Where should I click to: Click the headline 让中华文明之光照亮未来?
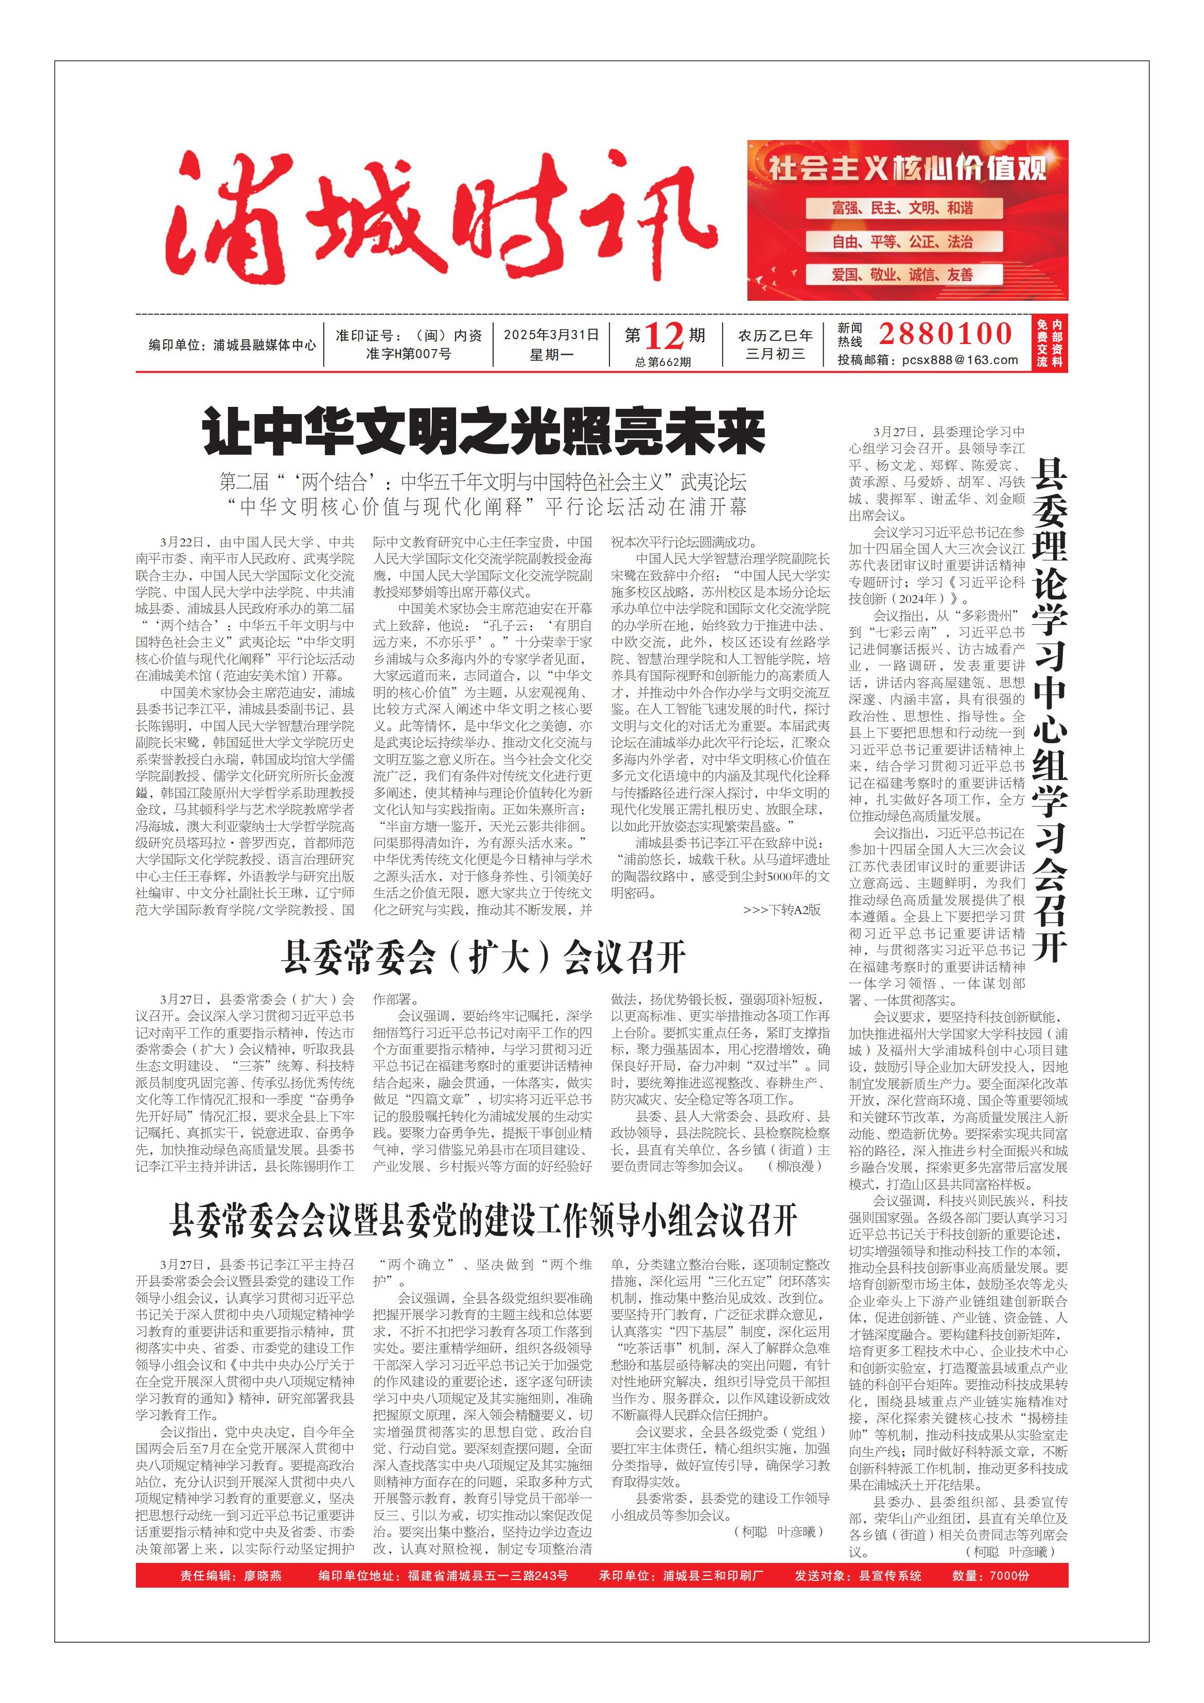483,432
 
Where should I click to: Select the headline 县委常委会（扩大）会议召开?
483,957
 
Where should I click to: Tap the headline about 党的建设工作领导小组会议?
483,1220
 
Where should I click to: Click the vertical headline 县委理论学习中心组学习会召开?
1049,709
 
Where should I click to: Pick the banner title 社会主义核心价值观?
908,168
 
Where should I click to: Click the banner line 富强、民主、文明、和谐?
902,209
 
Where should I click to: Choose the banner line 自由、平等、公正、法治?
902,242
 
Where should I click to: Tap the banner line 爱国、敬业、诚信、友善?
902,275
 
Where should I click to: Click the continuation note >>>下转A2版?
781,910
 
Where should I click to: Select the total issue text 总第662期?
663,362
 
